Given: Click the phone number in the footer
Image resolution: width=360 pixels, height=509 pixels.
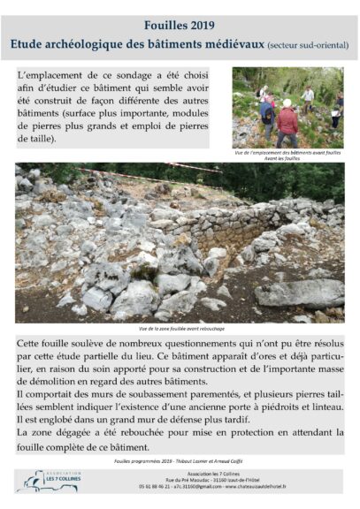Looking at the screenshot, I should point(142,486).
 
